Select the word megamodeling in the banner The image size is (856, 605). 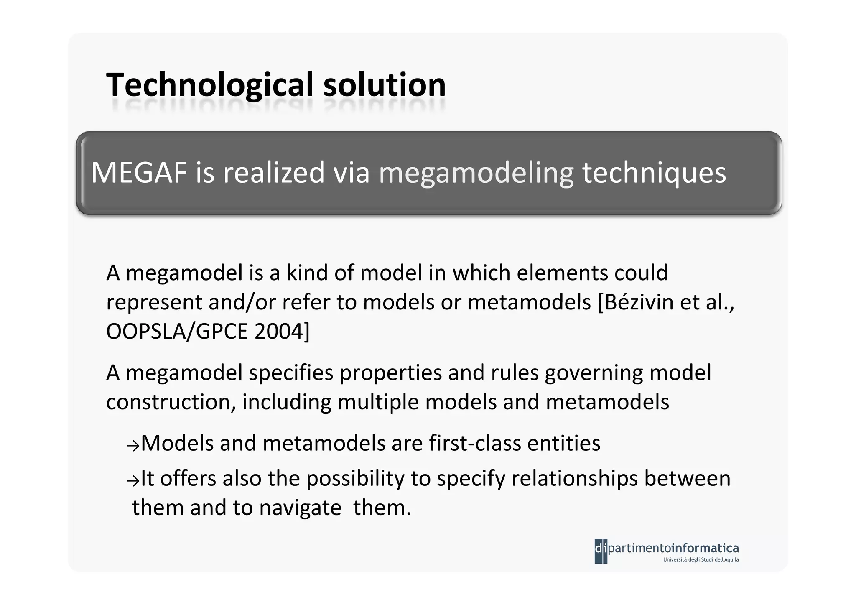point(476,173)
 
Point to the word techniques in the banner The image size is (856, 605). point(654,173)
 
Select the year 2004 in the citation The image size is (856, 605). point(279,332)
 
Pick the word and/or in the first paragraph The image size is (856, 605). point(242,302)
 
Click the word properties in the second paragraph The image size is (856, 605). point(390,373)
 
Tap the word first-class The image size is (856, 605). point(475,443)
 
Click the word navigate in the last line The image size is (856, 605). point(300,508)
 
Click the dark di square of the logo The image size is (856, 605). point(601,551)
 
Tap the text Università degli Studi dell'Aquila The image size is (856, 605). point(701,559)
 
